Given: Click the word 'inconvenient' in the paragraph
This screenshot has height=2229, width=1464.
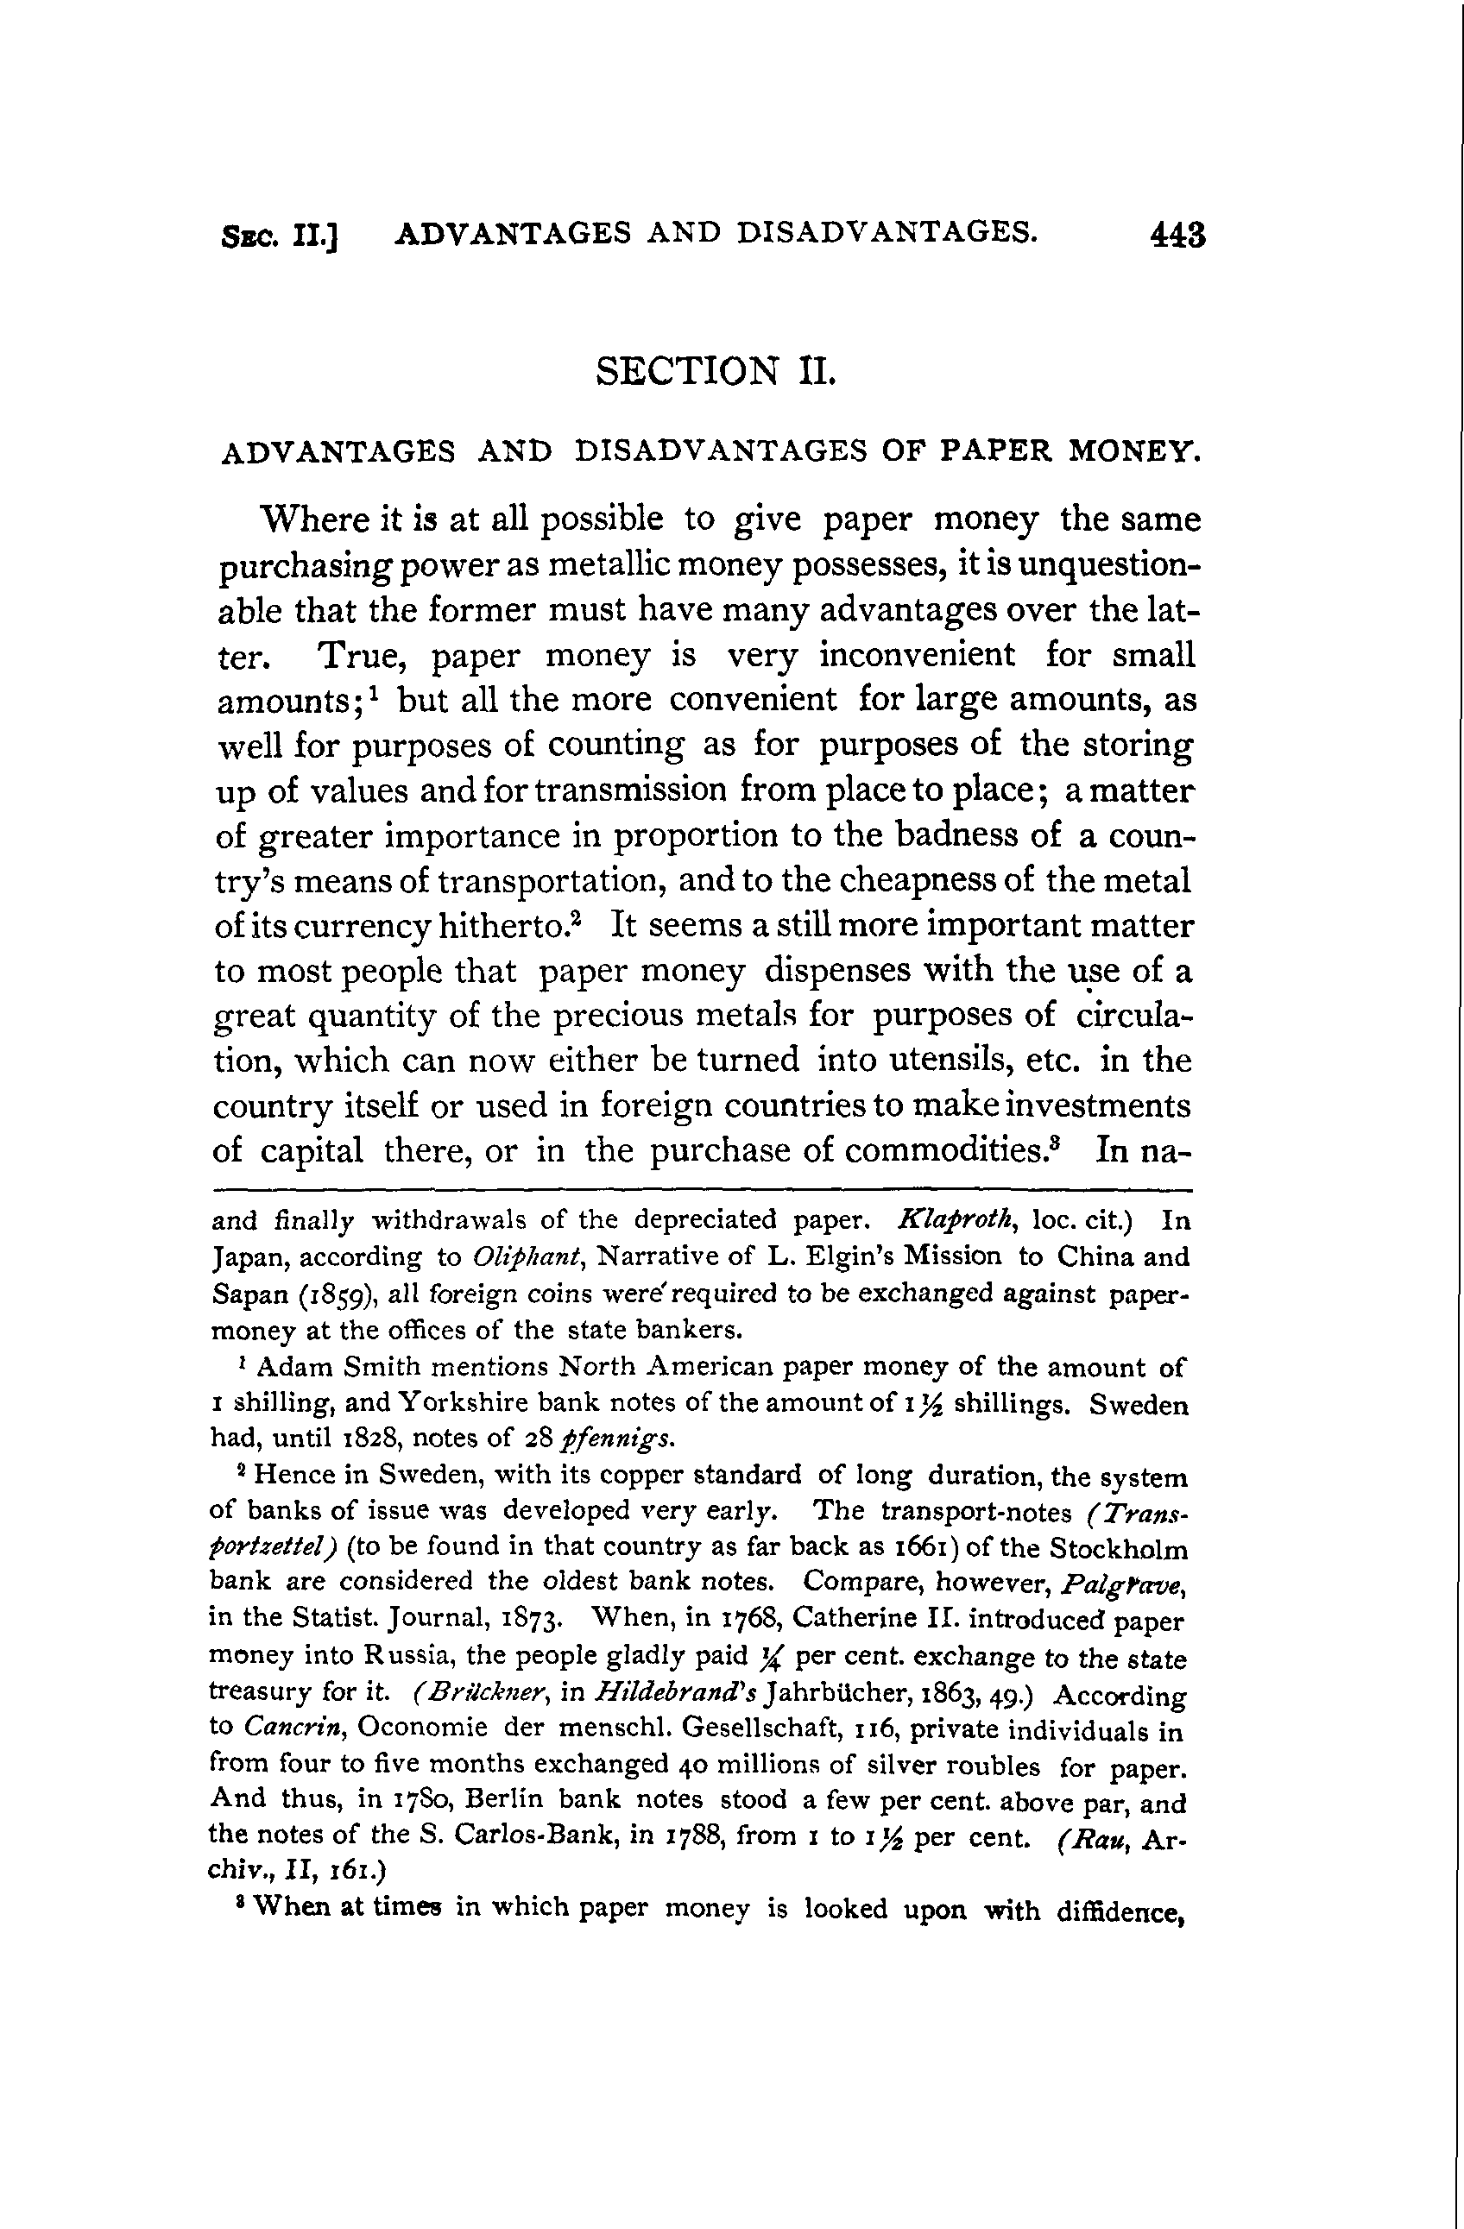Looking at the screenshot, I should [x=916, y=654].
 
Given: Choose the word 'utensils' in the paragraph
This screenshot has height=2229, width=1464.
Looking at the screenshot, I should [x=936, y=1061].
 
